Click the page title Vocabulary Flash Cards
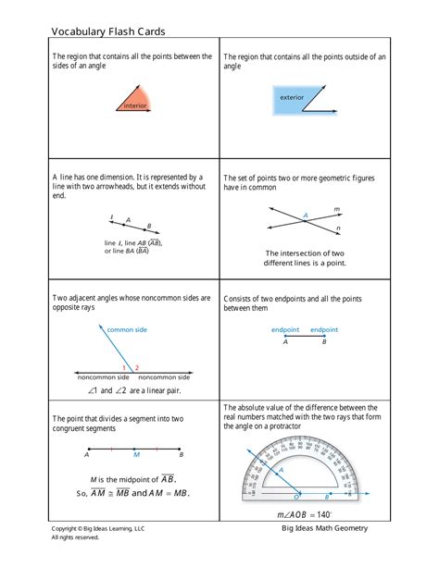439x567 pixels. (x=108, y=31)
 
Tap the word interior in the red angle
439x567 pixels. (x=135, y=106)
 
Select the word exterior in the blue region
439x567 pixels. (x=293, y=97)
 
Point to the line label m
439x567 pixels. (x=336, y=209)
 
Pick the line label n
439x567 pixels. (x=338, y=228)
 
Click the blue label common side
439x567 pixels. (x=127, y=329)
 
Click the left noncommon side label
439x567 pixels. (x=103, y=377)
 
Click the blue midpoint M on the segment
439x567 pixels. (x=135, y=455)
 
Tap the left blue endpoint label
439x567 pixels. (x=285, y=329)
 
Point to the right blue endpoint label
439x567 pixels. (x=324, y=329)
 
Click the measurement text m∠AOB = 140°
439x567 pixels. (x=304, y=514)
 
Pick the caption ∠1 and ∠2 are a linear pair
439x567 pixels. (x=133, y=391)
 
